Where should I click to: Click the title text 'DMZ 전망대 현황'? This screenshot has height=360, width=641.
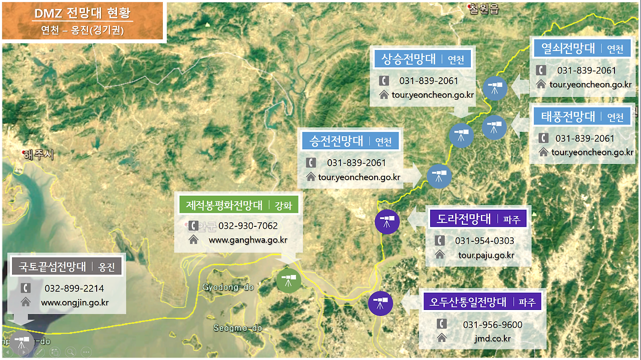coord(83,14)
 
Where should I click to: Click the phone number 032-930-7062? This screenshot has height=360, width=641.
coord(248,226)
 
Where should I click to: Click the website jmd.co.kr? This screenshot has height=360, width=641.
coord(492,338)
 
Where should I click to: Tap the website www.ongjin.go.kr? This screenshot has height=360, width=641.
coord(75,302)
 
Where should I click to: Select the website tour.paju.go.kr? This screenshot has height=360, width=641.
coord(486,255)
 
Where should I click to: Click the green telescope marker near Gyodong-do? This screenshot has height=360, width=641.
coord(289,280)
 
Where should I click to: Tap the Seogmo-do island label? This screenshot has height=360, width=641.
coord(237,328)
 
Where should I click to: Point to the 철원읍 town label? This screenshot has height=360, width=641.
coord(484,9)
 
